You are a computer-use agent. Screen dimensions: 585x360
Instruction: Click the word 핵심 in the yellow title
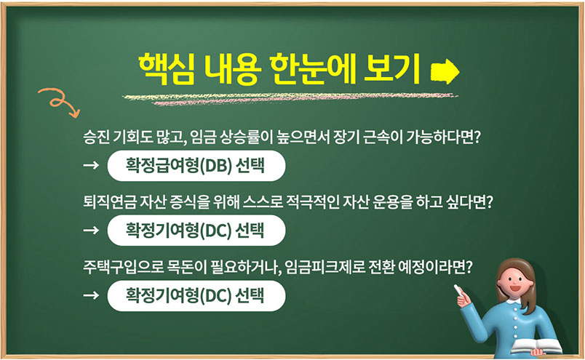click(167, 69)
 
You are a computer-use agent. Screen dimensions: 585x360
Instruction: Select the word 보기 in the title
click(391, 69)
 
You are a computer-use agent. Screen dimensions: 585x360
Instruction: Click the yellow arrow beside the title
click(445, 71)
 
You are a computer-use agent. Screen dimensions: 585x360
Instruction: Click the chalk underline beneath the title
click(290, 98)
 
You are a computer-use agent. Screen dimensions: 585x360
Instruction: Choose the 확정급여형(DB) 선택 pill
click(196, 166)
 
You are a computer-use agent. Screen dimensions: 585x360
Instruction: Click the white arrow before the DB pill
click(91, 165)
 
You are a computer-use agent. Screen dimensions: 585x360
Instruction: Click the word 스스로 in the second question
click(263, 202)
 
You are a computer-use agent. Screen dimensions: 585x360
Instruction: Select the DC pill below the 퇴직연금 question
click(196, 230)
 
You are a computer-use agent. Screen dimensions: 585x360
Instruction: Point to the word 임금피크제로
click(325, 267)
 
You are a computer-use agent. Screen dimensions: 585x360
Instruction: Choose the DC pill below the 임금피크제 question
click(196, 295)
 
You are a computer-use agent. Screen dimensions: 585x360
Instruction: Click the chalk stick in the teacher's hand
click(459, 291)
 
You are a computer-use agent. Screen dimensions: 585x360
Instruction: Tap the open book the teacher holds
click(536, 346)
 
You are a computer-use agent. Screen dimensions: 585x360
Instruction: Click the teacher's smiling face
click(513, 281)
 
